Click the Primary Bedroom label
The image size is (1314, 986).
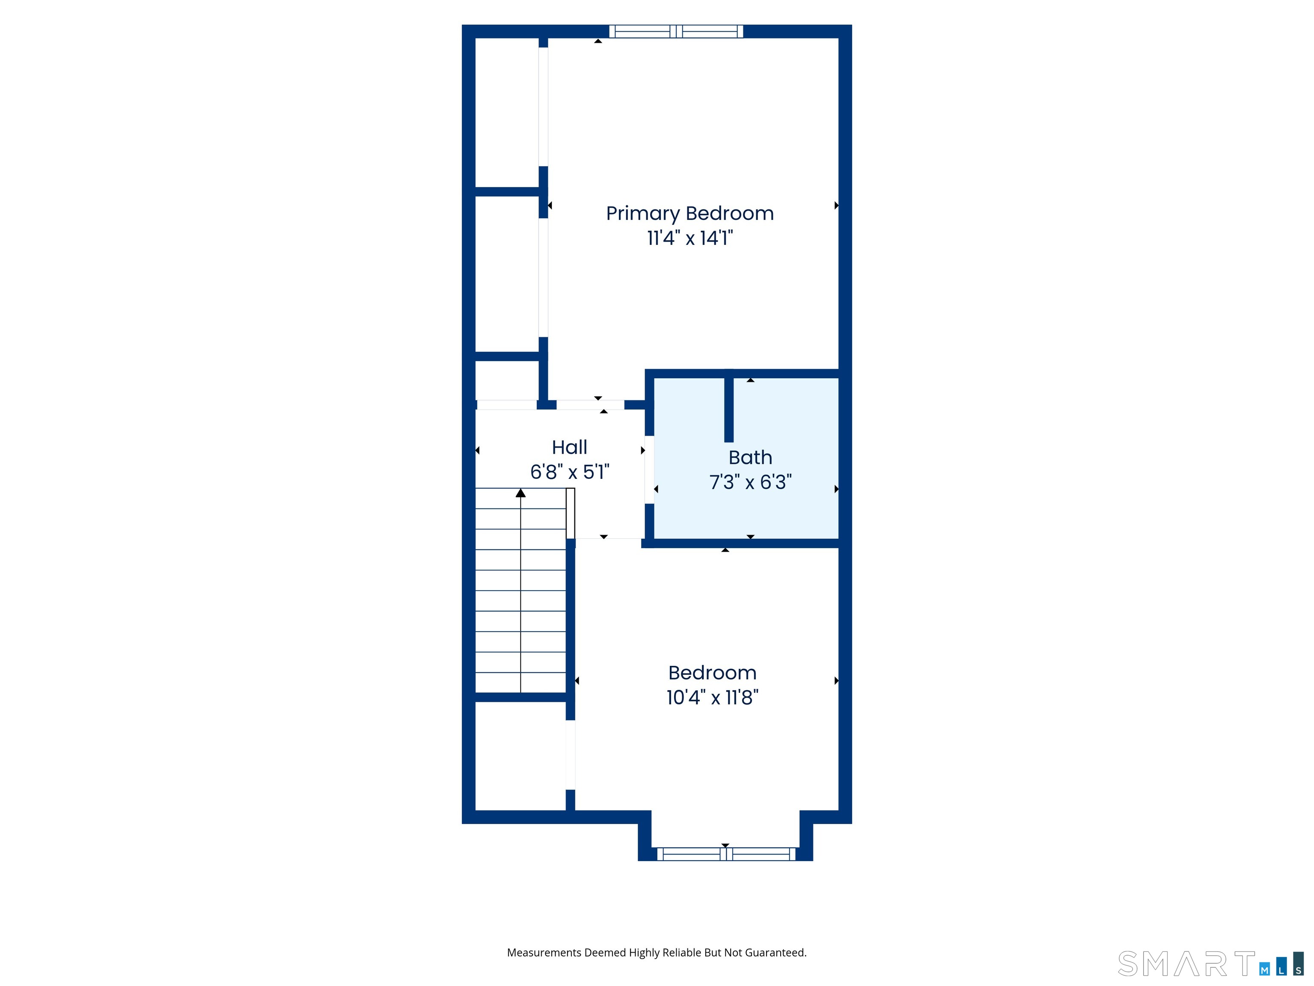pyautogui.click(x=690, y=214)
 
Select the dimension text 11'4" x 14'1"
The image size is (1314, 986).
pyautogui.click(x=690, y=238)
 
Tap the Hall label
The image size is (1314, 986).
pyautogui.click(x=569, y=447)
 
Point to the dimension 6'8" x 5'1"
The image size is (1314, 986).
pyautogui.click(x=570, y=472)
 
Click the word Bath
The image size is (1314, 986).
pyautogui.click(x=750, y=457)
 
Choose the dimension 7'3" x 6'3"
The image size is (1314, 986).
pyautogui.click(x=750, y=482)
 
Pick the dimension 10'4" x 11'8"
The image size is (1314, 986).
pyautogui.click(x=712, y=697)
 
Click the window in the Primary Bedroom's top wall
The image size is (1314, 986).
pyautogui.click(x=676, y=32)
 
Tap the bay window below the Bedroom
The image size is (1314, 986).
pyautogui.click(x=726, y=854)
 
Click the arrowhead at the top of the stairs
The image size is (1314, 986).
pyautogui.click(x=521, y=493)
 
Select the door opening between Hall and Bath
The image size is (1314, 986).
pyautogui.click(x=649, y=469)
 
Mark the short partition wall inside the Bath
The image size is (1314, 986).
pyautogui.click(x=729, y=410)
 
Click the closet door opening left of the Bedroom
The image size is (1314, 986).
pyautogui.click(x=570, y=755)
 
